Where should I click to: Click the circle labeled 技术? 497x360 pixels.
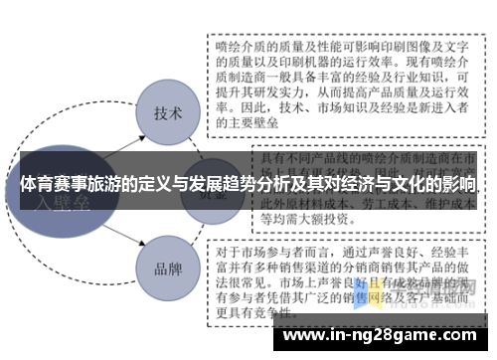coord(166,113)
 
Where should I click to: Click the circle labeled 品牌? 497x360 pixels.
coord(166,269)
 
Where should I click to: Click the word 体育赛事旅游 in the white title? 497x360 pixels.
coord(65,186)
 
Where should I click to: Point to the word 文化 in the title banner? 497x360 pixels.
coord(398,186)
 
